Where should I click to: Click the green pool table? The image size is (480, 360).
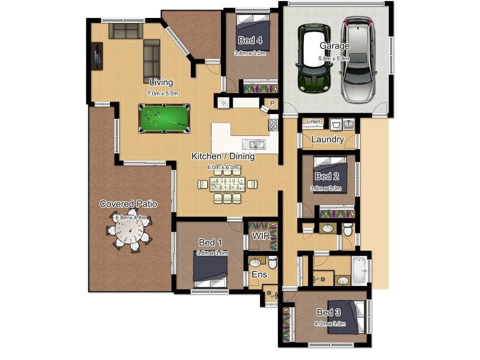pyautogui.click(x=164, y=118)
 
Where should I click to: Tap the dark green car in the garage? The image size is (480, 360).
pyautogui.click(x=313, y=58)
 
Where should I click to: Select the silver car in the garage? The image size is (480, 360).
pyautogui.click(x=357, y=60)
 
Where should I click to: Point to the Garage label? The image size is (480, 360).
pyautogui.click(x=334, y=45)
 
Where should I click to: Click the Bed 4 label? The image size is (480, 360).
pyautogui.click(x=250, y=40)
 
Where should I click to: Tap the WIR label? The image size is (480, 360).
pyautogui.click(x=261, y=236)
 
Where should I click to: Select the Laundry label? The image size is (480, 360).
pyautogui.click(x=328, y=139)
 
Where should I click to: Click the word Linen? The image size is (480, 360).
pyautogui.click(x=313, y=122)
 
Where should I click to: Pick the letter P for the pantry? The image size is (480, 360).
pyautogui.click(x=272, y=104)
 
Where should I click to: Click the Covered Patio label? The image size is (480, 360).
pyautogui.click(x=128, y=204)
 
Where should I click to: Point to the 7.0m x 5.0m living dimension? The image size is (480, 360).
pyautogui.click(x=162, y=94)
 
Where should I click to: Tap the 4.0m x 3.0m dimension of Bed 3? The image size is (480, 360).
pyautogui.click(x=330, y=324)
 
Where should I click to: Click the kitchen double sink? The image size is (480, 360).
pyautogui.click(x=254, y=144)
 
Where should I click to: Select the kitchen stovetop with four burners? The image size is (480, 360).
pyautogui.click(x=273, y=125)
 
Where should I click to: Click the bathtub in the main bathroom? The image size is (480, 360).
pyautogui.click(x=359, y=271)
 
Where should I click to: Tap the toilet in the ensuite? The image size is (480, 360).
pyautogui.click(x=272, y=262)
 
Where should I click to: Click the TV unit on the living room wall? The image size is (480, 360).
pyautogui.click(x=97, y=57)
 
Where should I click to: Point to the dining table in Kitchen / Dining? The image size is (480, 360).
pyautogui.click(x=227, y=184)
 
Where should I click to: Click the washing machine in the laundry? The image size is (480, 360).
pyautogui.click(x=336, y=125)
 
